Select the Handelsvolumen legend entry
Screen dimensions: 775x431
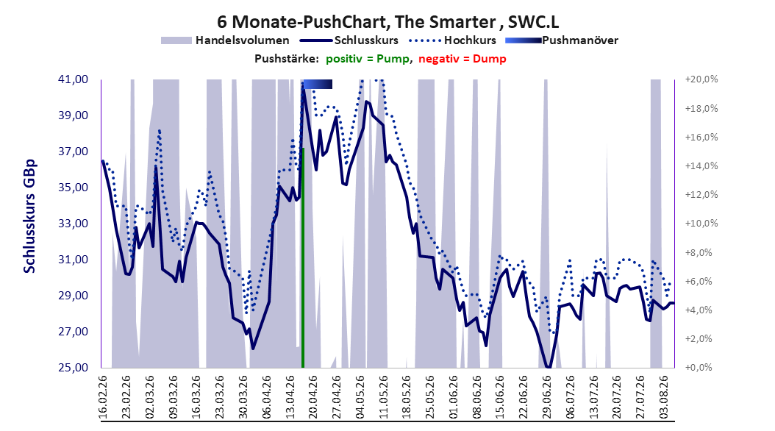226,40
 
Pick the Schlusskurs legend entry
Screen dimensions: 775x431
349,40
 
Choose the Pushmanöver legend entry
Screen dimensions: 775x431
562,40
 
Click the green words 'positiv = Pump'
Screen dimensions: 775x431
367,59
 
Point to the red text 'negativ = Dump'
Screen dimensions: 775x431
463,59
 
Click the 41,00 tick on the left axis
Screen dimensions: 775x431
73,79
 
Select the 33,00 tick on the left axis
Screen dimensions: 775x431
73,224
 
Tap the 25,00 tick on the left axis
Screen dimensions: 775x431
73,368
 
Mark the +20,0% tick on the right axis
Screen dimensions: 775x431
701,79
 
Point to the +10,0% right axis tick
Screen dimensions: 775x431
701,224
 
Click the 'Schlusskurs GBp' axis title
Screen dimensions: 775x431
29,216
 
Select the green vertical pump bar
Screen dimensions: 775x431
302,257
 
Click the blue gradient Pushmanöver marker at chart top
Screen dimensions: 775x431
318,85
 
